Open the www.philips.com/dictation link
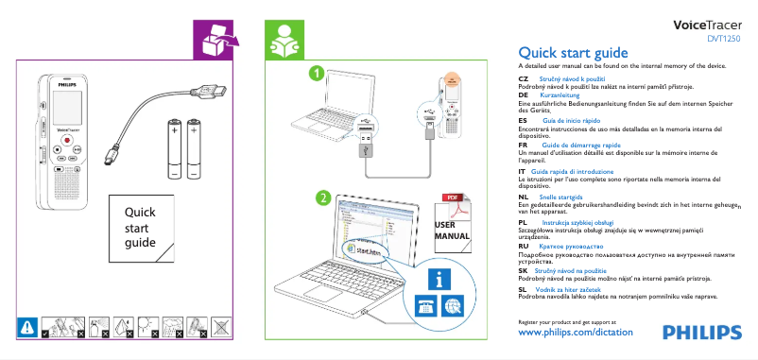pyautogui.click(x=577, y=334)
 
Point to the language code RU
pyautogui.click(x=525, y=245)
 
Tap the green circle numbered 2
pyautogui.click(x=322, y=198)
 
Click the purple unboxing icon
pyautogui.click(x=215, y=40)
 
